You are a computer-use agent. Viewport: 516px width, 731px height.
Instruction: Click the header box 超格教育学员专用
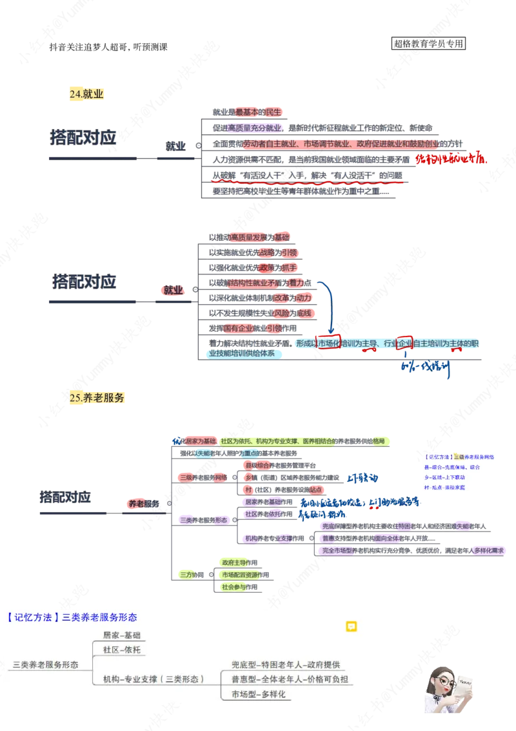click(x=428, y=44)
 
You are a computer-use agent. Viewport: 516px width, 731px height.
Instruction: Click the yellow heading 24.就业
click(x=86, y=94)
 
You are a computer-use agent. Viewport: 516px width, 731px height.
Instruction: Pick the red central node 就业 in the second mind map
click(x=173, y=291)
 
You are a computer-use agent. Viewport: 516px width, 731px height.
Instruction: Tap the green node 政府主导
click(x=236, y=562)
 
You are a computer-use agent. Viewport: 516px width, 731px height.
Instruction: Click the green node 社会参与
click(x=235, y=588)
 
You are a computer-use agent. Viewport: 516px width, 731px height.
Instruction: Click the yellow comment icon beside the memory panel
click(x=352, y=626)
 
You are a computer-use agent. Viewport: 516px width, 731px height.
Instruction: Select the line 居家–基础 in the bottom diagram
click(x=121, y=635)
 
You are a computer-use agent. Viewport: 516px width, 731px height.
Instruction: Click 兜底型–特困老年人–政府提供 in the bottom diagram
click(x=286, y=664)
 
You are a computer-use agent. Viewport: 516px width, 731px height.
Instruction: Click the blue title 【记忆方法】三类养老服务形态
click(x=72, y=617)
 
